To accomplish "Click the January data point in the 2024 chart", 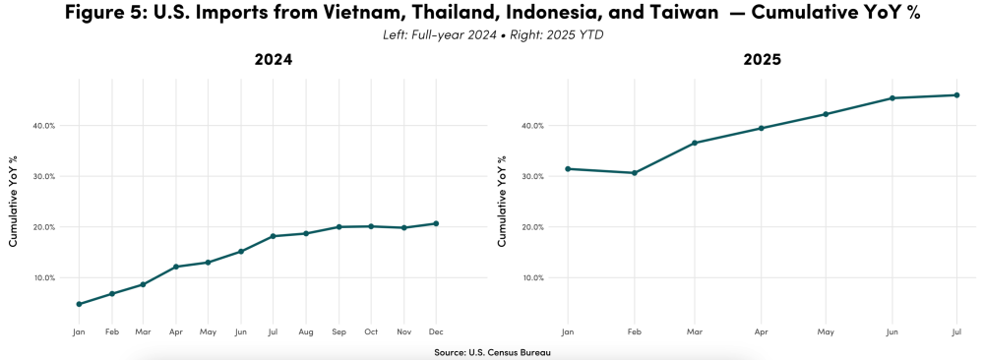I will (79, 304).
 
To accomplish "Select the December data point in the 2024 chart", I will (436, 223).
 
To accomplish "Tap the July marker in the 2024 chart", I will (273, 236).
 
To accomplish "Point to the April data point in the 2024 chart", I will (175, 267).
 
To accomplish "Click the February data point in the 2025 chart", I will (635, 173).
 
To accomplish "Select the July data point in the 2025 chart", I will (956, 95).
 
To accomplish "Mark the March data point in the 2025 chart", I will (695, 143).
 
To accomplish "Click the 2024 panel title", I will (274, 61).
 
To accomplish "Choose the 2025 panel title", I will (762, 61).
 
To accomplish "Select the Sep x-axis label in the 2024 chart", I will (338, 332).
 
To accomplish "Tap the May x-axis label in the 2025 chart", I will (827, 332).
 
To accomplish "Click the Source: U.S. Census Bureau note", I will (491, 352).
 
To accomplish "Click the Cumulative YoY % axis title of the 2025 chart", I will (502, 200).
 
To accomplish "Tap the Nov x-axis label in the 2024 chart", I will (403, 332).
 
